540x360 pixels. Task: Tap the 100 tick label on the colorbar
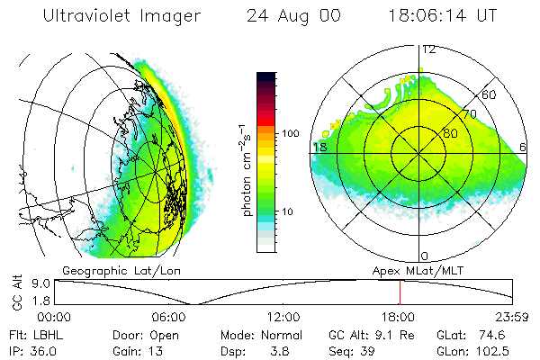[291, 133]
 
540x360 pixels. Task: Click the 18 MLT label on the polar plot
[319, 147]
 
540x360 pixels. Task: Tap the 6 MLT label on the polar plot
[523, 147]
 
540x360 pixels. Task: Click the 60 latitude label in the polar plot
[490, 94]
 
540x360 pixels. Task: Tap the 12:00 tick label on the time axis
[283, 317]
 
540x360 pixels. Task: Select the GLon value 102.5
[495, 351]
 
